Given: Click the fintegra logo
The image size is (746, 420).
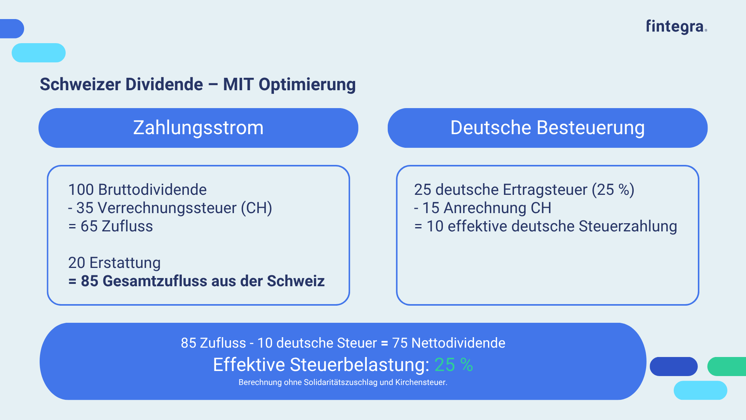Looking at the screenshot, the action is point(676,26).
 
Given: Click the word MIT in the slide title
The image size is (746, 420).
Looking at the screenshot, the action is point(238,84).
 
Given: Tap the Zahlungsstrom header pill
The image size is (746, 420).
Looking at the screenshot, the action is point(198,128).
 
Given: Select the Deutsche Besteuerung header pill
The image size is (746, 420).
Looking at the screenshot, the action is point(547,128).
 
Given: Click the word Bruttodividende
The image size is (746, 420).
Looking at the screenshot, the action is point(152,190).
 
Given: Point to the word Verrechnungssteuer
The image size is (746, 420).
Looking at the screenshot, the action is point(167,208).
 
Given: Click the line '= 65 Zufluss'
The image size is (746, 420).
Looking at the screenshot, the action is point(111,226).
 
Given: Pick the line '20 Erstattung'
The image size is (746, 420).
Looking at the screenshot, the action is point(114,263).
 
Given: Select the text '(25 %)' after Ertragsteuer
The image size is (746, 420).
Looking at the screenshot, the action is point(613,190).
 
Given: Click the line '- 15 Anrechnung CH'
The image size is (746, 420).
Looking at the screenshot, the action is point(483,208).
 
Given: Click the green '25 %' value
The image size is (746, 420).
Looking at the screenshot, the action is point(453,365).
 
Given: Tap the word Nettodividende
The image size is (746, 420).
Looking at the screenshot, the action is point(458,343).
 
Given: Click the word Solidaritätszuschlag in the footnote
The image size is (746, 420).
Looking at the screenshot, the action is point(340,382).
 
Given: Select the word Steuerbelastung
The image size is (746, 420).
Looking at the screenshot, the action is point(359,365).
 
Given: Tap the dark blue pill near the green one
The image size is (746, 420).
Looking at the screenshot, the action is point(674,366).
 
